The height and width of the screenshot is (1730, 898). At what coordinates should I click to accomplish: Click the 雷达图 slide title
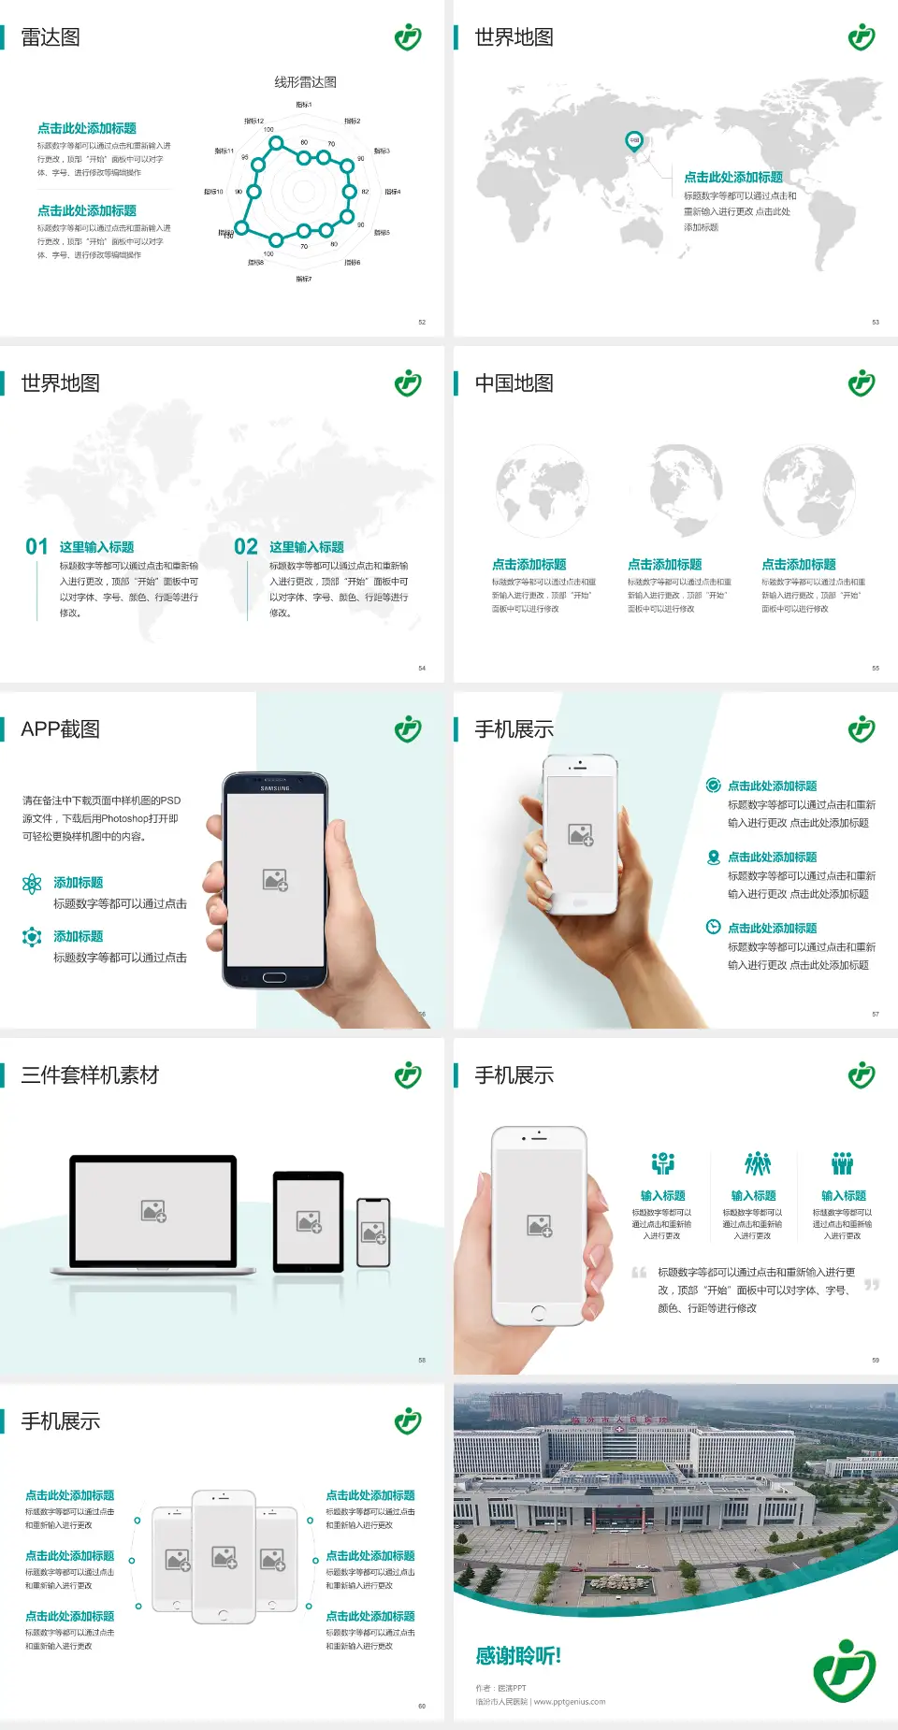point(51,37)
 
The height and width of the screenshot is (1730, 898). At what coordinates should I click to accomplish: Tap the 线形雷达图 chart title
point(305,82)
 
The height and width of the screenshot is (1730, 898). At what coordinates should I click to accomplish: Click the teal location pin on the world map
point(634,141)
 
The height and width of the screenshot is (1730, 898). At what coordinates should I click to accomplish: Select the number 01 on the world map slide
point(36,547)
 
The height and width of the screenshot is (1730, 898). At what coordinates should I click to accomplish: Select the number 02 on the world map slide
point(246,547)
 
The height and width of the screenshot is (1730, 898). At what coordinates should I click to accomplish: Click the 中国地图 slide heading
point(514,383)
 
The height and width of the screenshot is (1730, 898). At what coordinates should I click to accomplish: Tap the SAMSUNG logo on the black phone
point(275,788)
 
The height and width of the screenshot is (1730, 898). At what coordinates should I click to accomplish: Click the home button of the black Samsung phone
point(274,977)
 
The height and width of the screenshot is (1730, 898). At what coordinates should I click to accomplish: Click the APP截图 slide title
point(60,729)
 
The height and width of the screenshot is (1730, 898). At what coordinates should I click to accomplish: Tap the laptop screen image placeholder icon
point(153,1211)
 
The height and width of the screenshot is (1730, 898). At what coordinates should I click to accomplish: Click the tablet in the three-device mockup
point(309,1220)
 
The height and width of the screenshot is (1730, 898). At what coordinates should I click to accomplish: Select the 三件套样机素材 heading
point(90,1075)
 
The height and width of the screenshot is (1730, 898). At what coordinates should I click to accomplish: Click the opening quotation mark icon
point(639,1273)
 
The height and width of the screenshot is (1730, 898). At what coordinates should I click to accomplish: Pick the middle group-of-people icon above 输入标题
point(757,1163)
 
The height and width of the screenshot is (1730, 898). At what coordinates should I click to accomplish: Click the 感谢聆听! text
point(518,1656)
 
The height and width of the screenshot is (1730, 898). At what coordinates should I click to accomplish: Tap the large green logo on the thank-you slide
point(844,1670)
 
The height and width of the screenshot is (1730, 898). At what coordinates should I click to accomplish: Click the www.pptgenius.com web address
point(570,1702)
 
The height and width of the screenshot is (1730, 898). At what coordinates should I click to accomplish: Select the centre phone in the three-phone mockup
point(224,1556)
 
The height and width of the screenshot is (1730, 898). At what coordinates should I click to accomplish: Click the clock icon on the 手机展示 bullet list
point(713,927)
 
